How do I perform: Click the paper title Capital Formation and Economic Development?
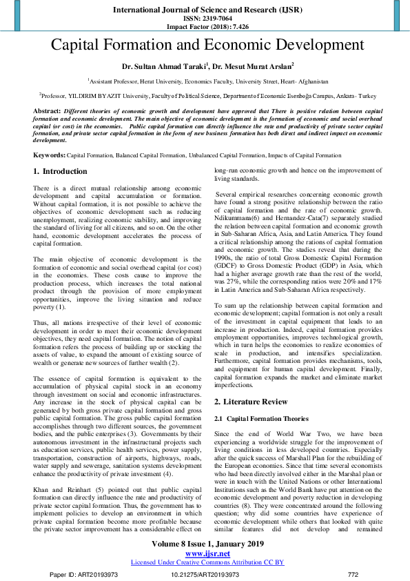[205, 46]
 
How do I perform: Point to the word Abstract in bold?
[47, 111]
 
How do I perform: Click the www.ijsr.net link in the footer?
[205, 553]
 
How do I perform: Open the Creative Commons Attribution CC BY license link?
[207, 562]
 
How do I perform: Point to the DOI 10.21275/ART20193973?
[205, 574]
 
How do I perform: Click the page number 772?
[353, 574]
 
